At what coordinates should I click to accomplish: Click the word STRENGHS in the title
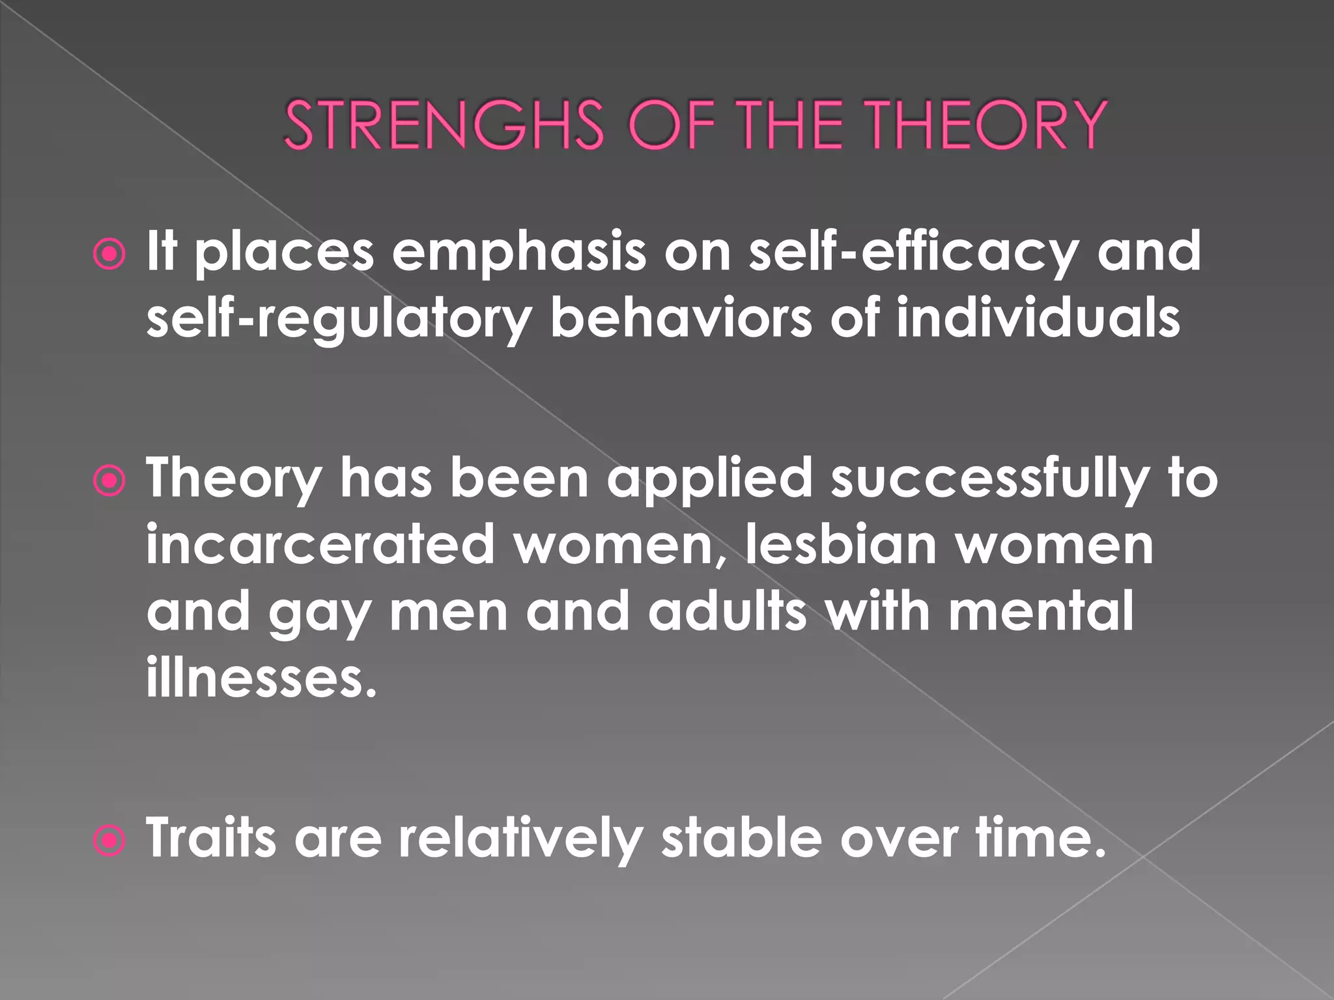click(444, 124)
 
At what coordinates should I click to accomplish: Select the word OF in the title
click(674, 124)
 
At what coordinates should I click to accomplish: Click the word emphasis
click(518, 253)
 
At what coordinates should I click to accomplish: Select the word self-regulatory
click(339, 320)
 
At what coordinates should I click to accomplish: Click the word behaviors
click(681, 318)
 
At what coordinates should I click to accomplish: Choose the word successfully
click(989, 479)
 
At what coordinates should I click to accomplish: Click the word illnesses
click(261, 677)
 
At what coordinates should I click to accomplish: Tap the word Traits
click(211, 838)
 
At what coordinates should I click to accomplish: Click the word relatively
click(520, 839)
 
